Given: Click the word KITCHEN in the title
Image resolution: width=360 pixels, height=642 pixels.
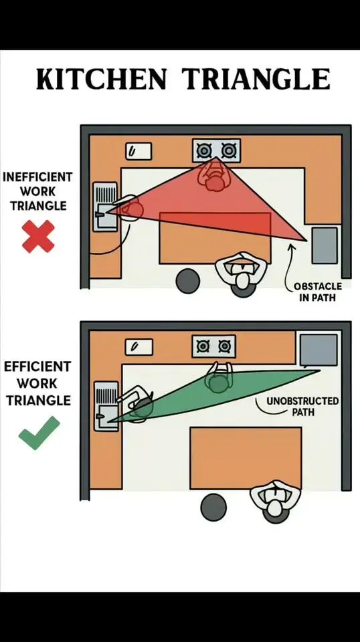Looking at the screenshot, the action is pos(101,79).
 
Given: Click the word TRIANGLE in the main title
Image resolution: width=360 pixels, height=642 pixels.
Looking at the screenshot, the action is pos(256,79).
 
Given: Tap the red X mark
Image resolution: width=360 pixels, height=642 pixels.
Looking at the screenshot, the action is pos(38,236).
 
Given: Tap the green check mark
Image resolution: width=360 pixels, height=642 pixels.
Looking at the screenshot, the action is pos(39,433).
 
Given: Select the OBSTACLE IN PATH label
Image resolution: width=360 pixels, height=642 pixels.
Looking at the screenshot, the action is pos(317,292).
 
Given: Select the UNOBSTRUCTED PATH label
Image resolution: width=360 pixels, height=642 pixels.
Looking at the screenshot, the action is pos(302,406).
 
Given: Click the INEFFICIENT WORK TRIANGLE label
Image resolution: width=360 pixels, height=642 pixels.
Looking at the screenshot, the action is pos(37,191).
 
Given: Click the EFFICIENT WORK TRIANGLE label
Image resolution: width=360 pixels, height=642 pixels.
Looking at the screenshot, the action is pos(37,383).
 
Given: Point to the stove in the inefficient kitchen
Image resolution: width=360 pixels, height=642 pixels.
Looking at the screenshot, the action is pos(216,150).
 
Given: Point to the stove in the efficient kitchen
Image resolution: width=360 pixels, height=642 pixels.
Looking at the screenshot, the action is pos(213,346).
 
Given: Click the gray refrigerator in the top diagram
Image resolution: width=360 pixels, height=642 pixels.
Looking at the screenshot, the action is pos(325,245).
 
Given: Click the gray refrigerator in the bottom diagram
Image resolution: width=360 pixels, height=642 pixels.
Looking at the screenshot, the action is pos(319,350).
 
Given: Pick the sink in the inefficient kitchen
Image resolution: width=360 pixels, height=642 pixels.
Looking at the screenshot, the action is pos(105,207).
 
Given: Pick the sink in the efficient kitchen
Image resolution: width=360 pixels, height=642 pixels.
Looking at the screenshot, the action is pos(106,406).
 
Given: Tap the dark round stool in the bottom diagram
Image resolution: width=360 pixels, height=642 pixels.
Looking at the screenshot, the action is pos(213,508).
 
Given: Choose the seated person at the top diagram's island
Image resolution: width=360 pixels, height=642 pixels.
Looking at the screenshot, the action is pos(242,272).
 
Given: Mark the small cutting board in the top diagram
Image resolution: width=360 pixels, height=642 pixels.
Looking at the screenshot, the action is pos(139,151).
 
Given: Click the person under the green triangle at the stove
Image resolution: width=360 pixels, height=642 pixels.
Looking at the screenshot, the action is pos(218,379).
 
